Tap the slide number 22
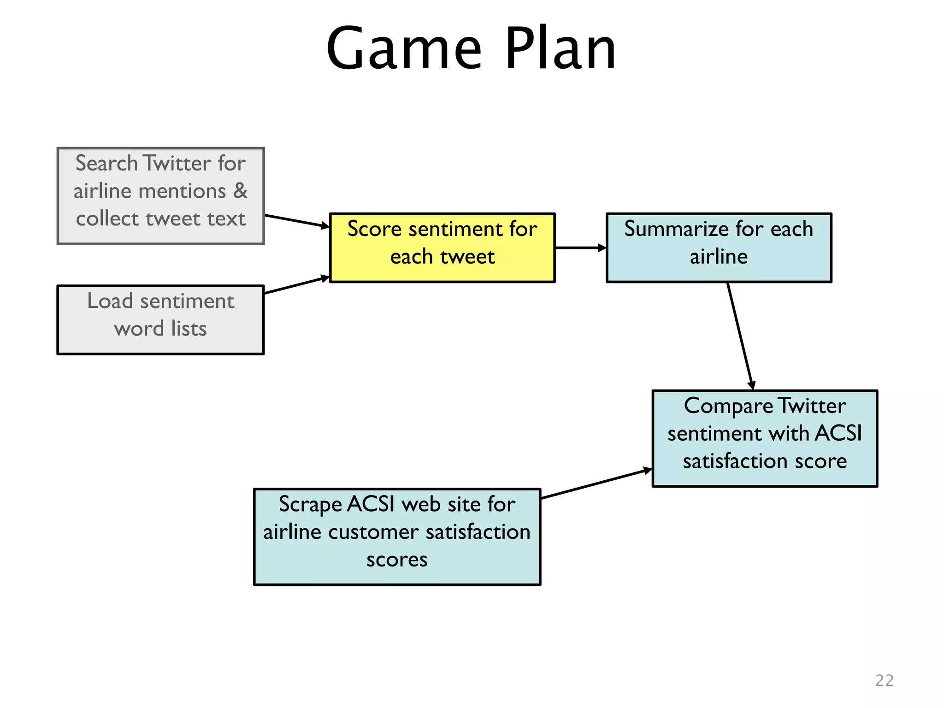coord(884,680)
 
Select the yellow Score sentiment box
coord(442,248)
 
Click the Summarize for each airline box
coord(719,248)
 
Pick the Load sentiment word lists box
coord(160,319)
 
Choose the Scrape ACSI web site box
coord(397,537)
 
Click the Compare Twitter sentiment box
coord(765,438)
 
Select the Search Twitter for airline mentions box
coord(160,196)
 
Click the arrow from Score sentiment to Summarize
coord(580,248)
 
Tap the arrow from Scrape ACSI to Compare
coord(596,484)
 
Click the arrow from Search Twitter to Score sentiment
coord(297,221)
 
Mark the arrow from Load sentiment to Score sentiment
coord(297,285)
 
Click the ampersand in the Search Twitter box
coord(240,191)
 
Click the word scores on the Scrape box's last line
coord(397,560)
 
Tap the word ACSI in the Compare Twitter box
coord(838,433)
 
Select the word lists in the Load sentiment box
coord(189,329)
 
